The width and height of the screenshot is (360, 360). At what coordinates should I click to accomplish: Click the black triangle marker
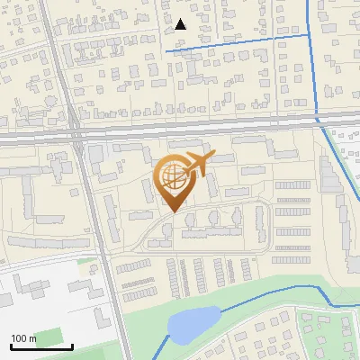point(181,24)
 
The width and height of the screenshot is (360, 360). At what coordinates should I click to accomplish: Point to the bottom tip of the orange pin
point(172,211)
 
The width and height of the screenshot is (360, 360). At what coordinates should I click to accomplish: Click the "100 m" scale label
point(23,338)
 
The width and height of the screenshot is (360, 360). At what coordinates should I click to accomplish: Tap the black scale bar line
point(40,346)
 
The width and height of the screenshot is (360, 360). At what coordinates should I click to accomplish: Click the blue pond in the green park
point(193,324)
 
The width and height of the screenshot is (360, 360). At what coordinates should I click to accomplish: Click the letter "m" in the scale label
point(32,338)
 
